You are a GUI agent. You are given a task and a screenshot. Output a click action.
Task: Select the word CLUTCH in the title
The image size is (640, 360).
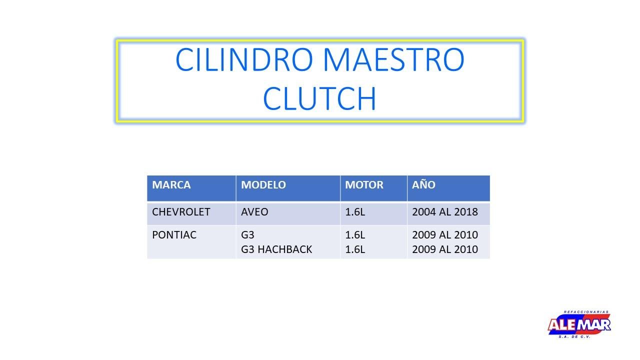319,98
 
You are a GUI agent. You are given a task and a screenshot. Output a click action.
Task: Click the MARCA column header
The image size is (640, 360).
171,185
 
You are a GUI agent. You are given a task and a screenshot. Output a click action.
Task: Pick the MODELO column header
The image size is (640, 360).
263,185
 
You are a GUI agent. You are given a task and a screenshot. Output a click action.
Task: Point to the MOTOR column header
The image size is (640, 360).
364,185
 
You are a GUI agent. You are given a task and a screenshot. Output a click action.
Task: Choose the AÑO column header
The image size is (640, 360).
423,184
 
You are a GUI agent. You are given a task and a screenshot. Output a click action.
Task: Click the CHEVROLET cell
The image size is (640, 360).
181,212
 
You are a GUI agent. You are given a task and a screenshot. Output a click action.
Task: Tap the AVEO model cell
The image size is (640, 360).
254,212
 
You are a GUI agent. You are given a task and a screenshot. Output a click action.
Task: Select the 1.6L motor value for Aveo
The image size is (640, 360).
355,212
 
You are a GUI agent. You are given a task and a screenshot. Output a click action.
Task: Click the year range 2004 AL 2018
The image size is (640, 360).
445,212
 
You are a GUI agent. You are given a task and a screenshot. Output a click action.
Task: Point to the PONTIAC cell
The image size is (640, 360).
174,235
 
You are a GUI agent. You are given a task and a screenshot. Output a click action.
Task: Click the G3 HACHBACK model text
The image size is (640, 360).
276,249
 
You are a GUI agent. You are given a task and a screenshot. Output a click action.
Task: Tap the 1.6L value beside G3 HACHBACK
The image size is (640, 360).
355,249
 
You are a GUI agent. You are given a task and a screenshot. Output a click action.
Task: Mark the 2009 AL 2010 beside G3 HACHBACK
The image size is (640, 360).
445,249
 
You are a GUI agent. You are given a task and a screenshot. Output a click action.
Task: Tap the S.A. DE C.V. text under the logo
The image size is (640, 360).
574,337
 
